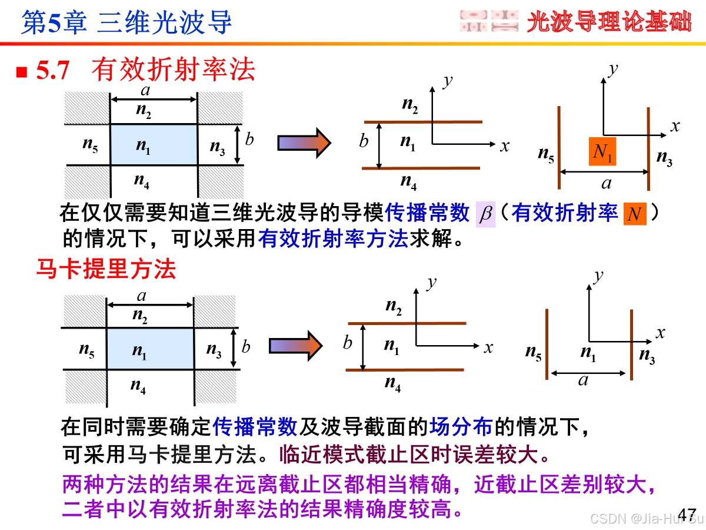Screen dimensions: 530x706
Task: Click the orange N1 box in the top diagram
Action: [x=602, y=152]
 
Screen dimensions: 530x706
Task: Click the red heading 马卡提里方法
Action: [x=106, y=270]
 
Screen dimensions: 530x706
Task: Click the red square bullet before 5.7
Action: [x=22, y=72]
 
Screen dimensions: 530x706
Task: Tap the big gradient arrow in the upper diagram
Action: [x=305, y=143]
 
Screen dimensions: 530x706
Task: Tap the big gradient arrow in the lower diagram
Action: [x=296, y=345]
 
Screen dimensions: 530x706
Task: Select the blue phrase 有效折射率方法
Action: [x=333, y=238]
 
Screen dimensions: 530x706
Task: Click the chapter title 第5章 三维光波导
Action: [x=126, y=22]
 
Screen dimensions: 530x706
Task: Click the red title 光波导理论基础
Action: [x=608, y=22]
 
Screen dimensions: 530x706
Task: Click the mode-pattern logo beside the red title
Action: [x=488, y=21]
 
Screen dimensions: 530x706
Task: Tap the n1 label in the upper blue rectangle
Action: [x=144, y=147]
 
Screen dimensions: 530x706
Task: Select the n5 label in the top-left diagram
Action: [x=90, y=145]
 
